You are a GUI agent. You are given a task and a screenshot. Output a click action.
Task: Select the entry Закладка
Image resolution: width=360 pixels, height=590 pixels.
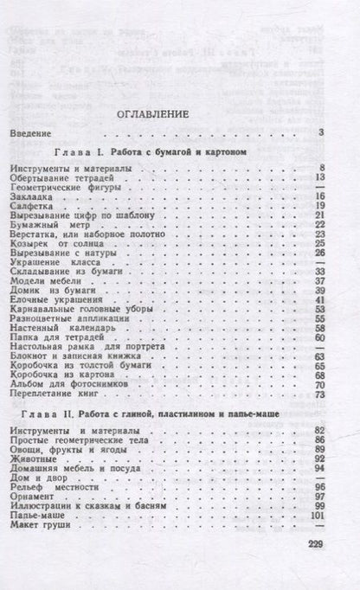pyautogui.click(x=35, y=196)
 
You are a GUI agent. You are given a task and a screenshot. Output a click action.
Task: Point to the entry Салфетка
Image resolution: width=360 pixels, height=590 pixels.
pyautogui.click(x=35, y=206)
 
